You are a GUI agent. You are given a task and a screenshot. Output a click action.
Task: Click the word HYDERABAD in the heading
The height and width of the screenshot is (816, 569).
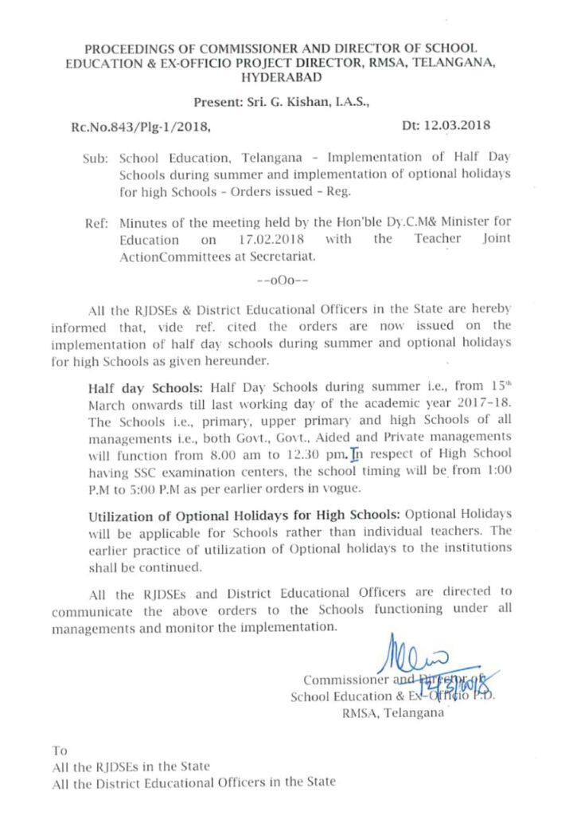284,77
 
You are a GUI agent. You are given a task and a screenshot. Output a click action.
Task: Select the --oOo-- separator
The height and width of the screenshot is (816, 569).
284,281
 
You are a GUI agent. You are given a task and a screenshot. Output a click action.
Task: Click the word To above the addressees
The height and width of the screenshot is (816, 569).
60,750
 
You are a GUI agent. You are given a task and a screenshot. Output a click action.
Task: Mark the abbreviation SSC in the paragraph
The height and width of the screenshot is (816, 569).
141,472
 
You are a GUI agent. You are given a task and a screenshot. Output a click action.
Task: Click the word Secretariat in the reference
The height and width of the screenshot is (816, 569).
279,256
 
